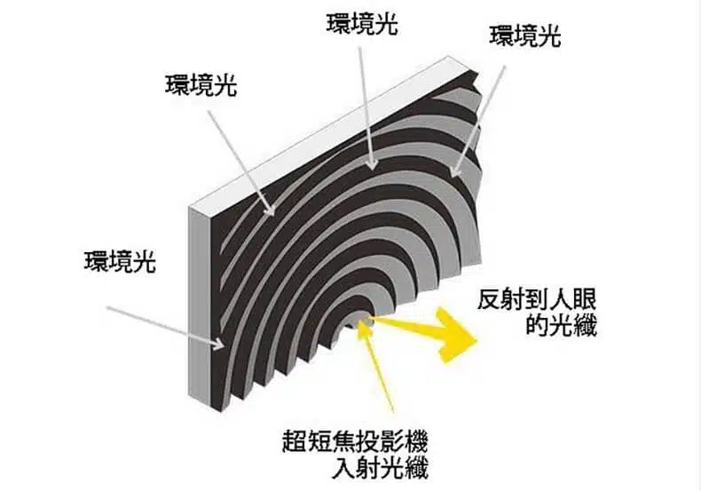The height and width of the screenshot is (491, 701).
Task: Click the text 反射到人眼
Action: [x=537, y=300]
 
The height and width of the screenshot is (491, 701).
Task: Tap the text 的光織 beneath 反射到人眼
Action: [x=561, y=326]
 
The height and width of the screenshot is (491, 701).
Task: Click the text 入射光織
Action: [x=381, y=468]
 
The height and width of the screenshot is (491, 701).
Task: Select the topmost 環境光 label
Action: [x=362, y=24]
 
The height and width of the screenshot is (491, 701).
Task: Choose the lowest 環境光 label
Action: [x=121, y=262]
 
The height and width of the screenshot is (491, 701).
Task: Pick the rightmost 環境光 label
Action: [x=525, y=36]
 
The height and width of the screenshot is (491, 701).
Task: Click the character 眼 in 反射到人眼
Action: [x=586, y=300]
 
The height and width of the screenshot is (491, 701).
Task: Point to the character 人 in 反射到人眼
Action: [x=561, y=300]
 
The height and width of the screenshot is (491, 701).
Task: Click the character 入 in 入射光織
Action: [x=343, y=468]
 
